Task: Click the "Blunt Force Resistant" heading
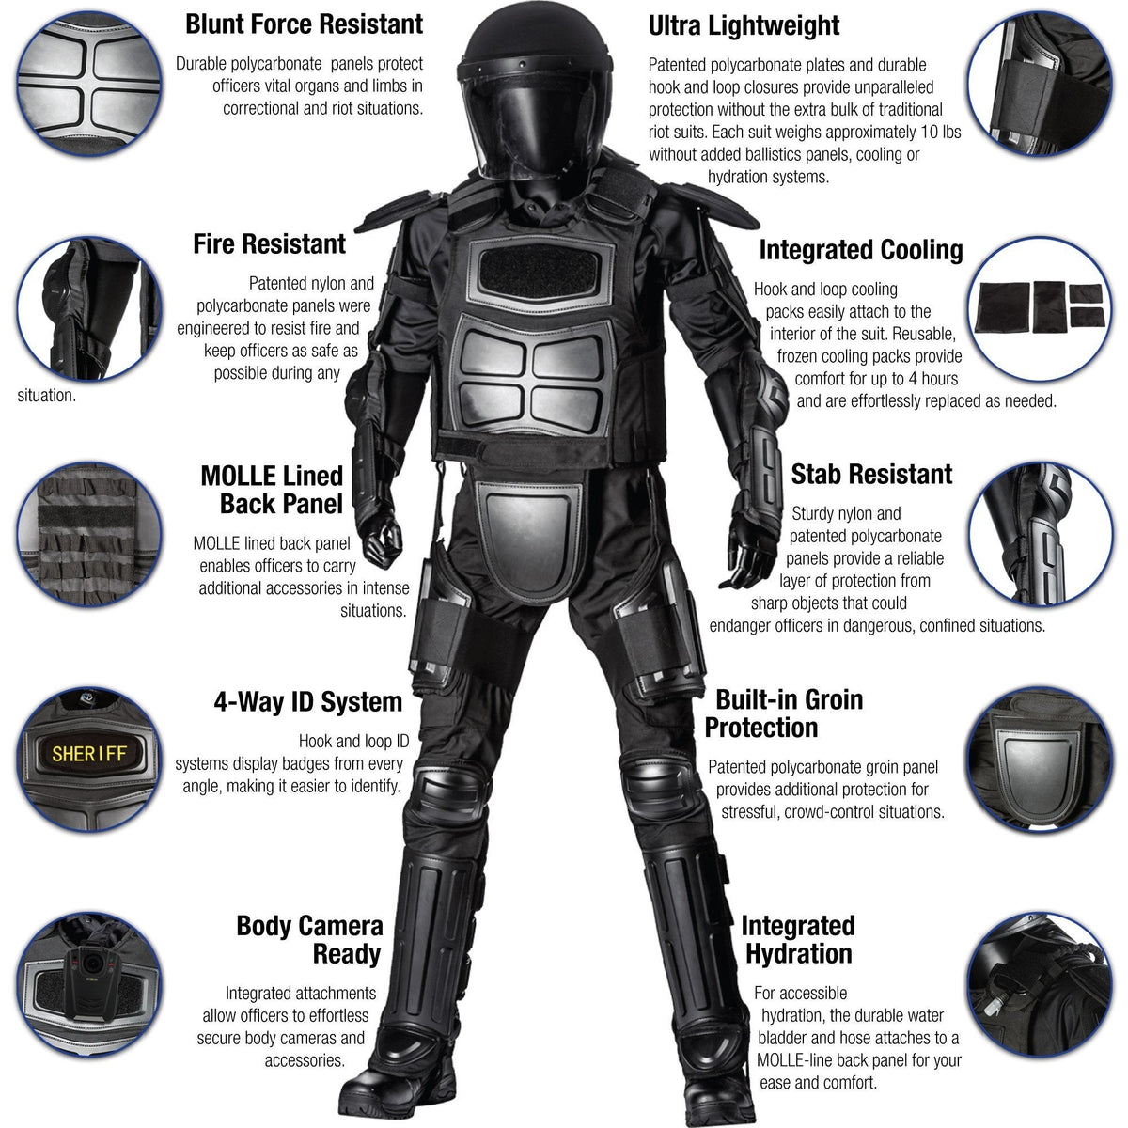pos(304,24)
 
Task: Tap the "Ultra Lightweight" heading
pos(744,26)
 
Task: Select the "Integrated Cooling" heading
pos(860,250)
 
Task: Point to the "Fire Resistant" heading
pos(269,244)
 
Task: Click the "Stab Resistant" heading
pos(870,474)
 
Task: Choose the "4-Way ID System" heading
pos(307,701)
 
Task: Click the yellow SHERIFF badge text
pos(88,754)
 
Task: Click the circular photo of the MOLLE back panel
pos(89,533)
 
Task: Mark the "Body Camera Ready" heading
pos(309,940)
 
